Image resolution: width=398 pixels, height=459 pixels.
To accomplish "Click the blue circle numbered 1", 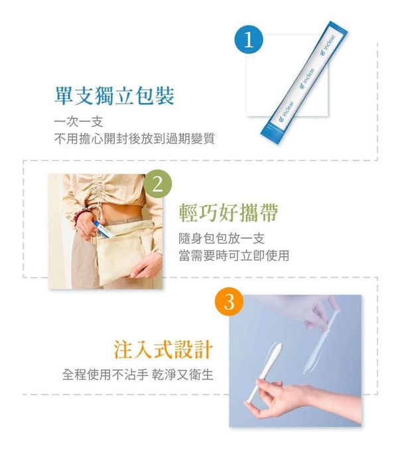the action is click(x=249, y=40).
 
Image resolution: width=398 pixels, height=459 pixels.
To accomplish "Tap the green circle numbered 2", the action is click(x=158, y=184).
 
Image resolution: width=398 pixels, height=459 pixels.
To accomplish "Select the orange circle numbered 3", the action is click(x=229, y=302).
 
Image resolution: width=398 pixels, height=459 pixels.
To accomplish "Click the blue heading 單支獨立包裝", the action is click(x=114, y=96).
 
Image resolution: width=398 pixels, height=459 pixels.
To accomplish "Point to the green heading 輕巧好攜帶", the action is click(x=229, y=212).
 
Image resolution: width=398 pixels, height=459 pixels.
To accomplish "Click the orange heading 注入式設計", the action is click(x=163, y=350).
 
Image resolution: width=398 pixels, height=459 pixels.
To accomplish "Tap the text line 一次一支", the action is click(x=79, y=122).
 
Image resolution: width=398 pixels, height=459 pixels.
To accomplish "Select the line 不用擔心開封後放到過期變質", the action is click(x=135, y=138).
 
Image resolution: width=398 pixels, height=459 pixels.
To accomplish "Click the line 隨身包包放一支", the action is click(x=222, y=239).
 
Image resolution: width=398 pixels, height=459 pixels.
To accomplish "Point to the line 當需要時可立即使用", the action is click(x=233, y=255).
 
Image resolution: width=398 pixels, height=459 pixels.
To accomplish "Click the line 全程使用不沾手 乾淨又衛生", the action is click(x=138, y=374).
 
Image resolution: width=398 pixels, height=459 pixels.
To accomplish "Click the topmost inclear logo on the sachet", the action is click(x=328, y=44).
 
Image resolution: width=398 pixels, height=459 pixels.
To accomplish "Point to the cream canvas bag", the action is click(x=126, y=252).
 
